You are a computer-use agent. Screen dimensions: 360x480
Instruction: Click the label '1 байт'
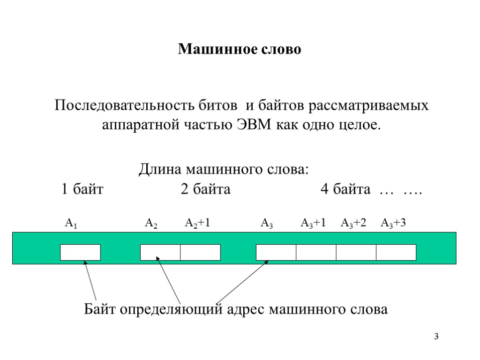point(82,190)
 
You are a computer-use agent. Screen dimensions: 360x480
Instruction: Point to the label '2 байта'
point(205,190)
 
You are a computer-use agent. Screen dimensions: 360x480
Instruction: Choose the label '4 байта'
point(345,190)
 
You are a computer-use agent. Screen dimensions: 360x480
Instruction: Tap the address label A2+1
point(197,224)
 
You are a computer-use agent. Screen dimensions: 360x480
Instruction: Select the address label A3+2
point(353,224)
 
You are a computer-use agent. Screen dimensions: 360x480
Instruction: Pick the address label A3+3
point(393,224)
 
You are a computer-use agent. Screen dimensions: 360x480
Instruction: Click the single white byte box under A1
point(80,252)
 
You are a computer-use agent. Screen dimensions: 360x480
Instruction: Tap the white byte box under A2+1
point(200,252)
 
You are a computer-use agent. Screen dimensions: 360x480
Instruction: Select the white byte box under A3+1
point(316,252)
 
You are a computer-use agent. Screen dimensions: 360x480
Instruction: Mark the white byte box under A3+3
point(396,252)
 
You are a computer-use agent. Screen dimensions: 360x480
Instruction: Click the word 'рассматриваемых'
point(368,105)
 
